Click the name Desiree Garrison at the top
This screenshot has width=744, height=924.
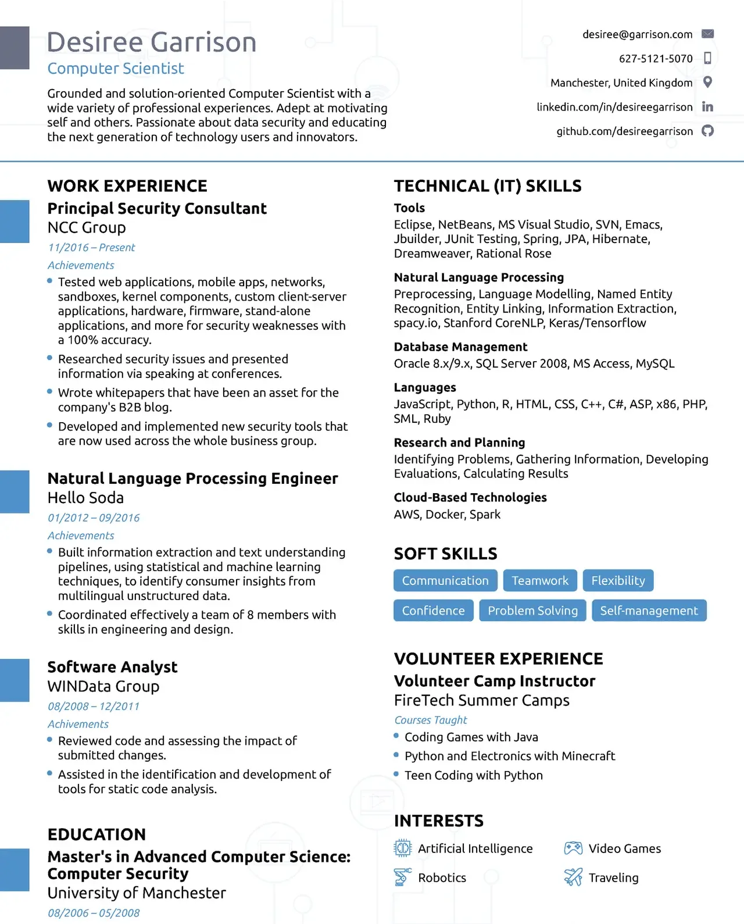point(151,42)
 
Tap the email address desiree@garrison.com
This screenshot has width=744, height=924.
point(637,34)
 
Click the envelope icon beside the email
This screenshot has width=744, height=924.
point(707,34)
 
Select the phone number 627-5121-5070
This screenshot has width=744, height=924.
point(655,59)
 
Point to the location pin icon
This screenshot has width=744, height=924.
point(707,82)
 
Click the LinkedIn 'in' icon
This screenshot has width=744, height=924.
point(707,106)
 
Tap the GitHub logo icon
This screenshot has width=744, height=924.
point(707,131)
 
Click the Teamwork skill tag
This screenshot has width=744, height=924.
point(540,580)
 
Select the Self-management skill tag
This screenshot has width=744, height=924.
point(649,611)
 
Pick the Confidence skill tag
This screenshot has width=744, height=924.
point(433,611)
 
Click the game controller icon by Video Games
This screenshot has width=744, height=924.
point(573,848)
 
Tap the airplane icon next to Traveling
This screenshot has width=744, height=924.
point(573,877)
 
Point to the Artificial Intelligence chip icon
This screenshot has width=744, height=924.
point(402,848)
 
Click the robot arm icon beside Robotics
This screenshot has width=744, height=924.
point(402,877)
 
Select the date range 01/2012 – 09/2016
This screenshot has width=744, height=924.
point(94,518)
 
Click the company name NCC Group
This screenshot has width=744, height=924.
point(87,227)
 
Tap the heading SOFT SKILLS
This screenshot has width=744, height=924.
point(445,554)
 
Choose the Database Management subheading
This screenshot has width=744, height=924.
point(460,347)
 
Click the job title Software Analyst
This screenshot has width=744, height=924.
point(112,667)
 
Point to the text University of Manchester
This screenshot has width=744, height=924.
point(137,893)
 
